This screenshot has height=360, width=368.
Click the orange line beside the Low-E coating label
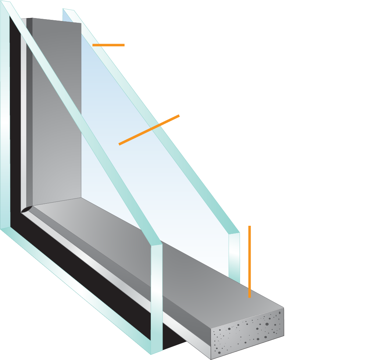pos(108,45)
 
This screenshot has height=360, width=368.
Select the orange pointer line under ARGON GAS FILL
pos(149,130)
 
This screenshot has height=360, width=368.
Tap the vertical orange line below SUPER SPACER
pos(249,261)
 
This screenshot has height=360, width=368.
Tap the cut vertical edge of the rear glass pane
pos(234,257)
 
